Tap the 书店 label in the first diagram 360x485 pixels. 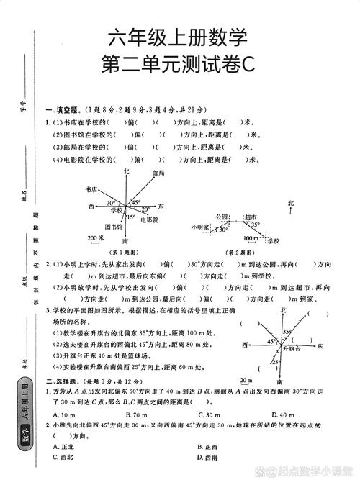[91, 190]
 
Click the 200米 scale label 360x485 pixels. [96, 237]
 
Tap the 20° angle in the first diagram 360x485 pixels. [145, 209]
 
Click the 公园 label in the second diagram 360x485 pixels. [221, 217]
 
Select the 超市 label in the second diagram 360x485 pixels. [250, 217]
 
